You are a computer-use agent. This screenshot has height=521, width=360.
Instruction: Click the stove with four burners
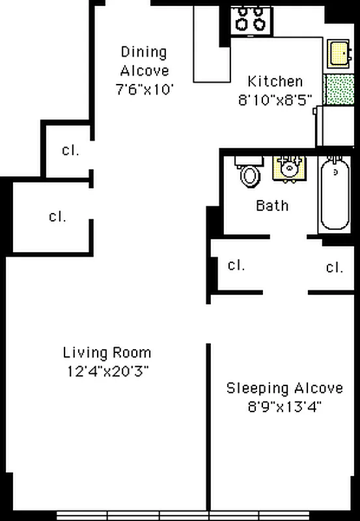coord(252,21)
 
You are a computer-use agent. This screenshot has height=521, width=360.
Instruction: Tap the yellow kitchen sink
coord(339,53)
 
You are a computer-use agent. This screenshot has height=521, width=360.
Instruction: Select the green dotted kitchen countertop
coord(339,90)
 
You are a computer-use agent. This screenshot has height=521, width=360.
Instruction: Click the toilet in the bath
coord(250,172)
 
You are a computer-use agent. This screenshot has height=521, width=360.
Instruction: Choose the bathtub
coord(335,194)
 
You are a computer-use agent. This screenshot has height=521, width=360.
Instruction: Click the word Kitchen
coord(275,81)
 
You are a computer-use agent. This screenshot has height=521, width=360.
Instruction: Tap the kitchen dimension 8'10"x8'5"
coord(275,100)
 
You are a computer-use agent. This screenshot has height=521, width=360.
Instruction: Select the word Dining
coord(143,53)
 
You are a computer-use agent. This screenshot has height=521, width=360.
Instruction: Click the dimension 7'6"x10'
coord(145,89)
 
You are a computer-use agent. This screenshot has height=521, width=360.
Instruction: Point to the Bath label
coord(272,206)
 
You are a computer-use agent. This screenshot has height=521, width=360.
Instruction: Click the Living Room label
coord(107,352)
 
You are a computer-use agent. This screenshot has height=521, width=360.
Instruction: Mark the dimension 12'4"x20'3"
coord(107,371)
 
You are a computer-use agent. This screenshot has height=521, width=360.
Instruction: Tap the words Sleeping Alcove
coord(284,388)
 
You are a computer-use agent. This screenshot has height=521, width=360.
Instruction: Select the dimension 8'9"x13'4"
coord(284,406)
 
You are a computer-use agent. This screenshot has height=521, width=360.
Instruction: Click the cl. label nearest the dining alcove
coord(71,150)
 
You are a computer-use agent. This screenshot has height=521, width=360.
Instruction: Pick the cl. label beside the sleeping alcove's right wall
coord(335,267)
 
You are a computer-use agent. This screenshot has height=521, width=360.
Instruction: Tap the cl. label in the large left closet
coord(57,216)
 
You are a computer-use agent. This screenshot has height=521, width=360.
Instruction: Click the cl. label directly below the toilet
coord(236,265)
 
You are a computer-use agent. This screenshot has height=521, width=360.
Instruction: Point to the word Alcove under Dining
coord(145,71)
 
